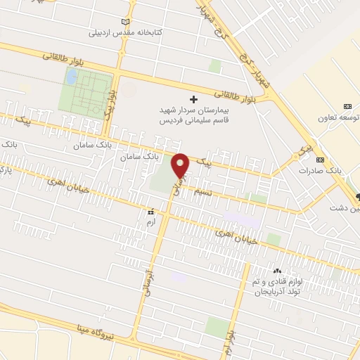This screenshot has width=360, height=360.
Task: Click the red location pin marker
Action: (x=181, y=165)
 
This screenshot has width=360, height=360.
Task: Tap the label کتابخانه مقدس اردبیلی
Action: (x=126, y=32)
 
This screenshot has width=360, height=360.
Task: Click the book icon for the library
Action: (x=126, y=22)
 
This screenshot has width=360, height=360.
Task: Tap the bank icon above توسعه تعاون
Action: (x=347, y=106)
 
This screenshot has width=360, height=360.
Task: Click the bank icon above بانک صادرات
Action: (x=320, y=160)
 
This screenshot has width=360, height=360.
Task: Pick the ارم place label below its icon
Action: (x=149, y=221)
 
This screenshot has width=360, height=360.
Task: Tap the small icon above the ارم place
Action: (x=150, y=211)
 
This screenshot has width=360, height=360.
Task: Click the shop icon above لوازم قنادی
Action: (x=276, y=271)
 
